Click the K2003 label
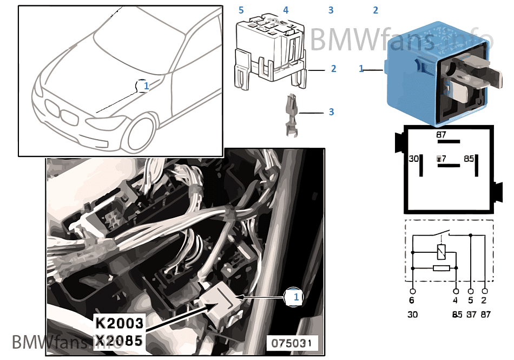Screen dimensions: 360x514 pos(120,324)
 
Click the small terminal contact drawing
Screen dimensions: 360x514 pos(291,114)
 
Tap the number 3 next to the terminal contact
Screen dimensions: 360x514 pos(332,112)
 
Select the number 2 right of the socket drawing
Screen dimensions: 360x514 pos(334,69)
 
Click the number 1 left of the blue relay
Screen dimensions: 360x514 pos(361,69)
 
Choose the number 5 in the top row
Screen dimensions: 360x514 pos(241,10)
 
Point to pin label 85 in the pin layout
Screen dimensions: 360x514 pos(469,159)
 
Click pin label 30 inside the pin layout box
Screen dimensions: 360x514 pos(413,159)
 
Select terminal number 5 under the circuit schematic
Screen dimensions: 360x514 pos(471,300)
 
